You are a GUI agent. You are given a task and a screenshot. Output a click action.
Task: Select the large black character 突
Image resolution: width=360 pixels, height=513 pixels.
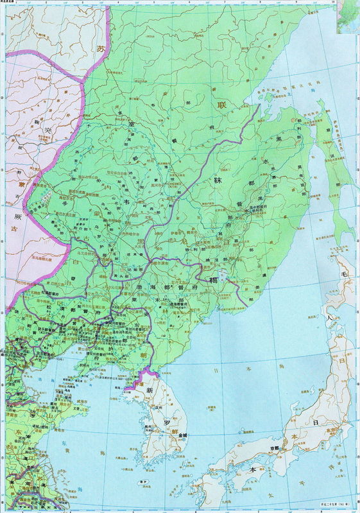coord(47,131)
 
